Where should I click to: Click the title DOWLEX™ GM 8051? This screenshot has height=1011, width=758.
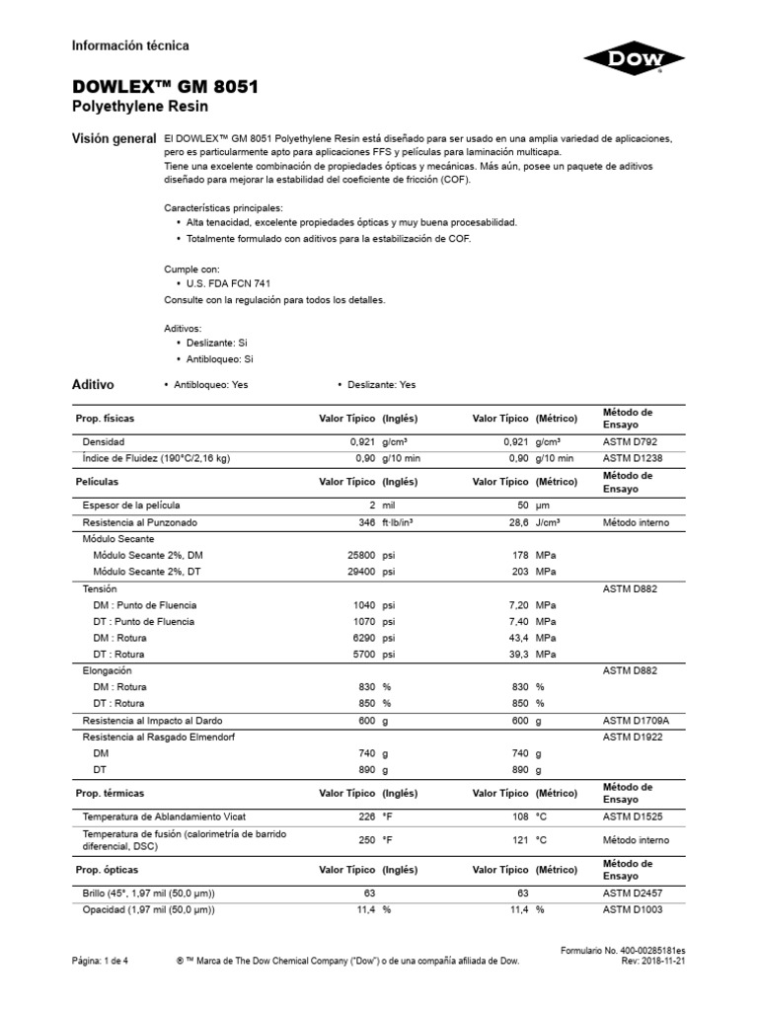[166, 87]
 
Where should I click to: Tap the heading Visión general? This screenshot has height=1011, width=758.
[114, 139]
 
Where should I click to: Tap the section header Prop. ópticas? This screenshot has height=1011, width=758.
[108, 870]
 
